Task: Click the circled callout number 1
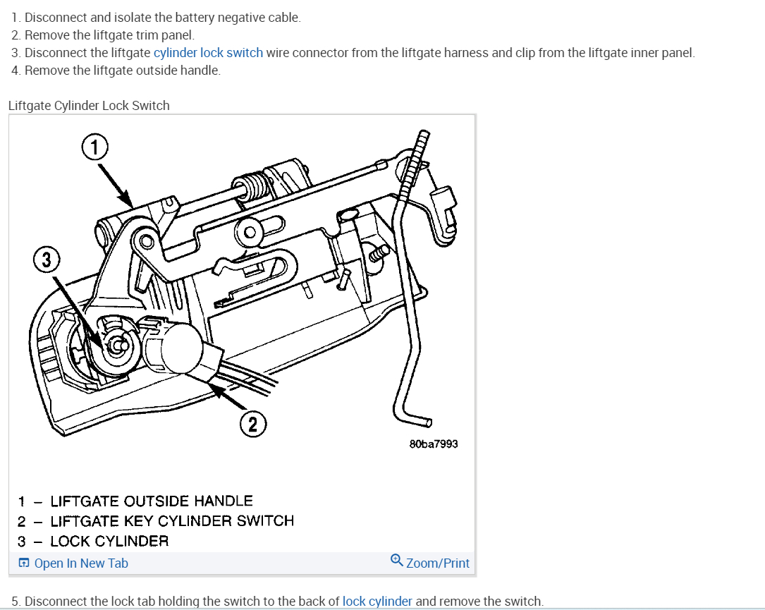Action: coord(95,148)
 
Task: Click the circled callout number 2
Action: coord(252,424)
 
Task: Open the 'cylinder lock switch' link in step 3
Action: coord(208,53)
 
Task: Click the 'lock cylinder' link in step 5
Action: coord(377,602)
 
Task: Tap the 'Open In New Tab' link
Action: coord(81,563)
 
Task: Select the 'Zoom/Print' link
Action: coord(438,563)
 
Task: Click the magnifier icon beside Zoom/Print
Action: coord(397,561)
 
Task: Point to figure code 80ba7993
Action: coord(434,444)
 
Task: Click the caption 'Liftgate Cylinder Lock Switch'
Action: coord(89,106)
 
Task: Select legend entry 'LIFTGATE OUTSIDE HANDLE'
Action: coord(152,501)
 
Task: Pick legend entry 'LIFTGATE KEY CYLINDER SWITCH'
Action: coord(172,521)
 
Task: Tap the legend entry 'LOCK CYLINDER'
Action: coord(109,542)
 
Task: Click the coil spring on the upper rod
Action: coord(255,185)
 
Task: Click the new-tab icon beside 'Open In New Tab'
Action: coord(24,563)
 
